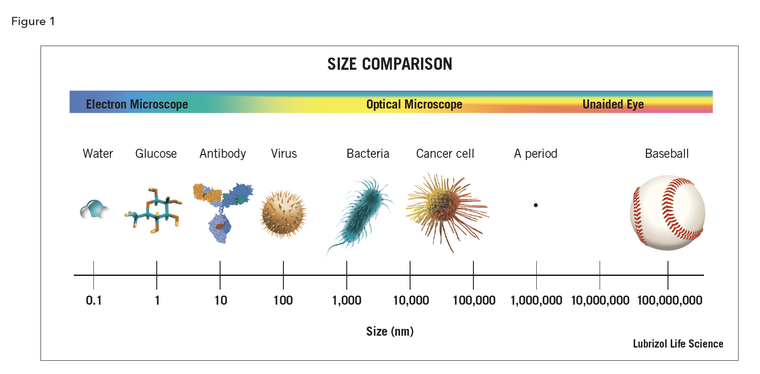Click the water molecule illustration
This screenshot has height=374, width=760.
pos(95,210)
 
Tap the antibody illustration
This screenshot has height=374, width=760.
pos(222,210)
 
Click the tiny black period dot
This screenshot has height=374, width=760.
pos(536,205)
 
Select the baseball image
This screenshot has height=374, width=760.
pos(668,213)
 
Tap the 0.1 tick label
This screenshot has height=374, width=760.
pos(94,301)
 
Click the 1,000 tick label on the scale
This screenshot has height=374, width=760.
pos(347,301)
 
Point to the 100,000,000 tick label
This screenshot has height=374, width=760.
pos(669,301)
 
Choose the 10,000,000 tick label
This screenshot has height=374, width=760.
pos(600,301)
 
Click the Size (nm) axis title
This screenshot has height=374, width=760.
pos(390,332)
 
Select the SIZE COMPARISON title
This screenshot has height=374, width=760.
pos(390,64)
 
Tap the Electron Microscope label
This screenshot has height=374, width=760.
pos(137,104)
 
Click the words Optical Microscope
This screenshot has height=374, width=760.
pos(414,104)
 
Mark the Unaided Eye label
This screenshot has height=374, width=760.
pos(613,104)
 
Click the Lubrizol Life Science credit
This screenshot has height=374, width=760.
pos(678,344)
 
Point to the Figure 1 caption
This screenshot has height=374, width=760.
pos(33,21)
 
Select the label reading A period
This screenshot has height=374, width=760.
pos(535,154)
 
